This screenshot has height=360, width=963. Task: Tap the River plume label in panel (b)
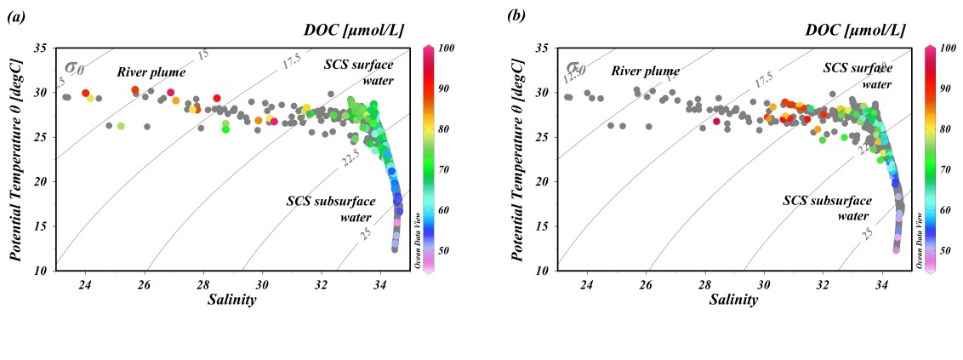645,71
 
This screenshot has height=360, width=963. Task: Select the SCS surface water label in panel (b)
857,75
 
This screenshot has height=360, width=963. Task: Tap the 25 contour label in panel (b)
867,231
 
